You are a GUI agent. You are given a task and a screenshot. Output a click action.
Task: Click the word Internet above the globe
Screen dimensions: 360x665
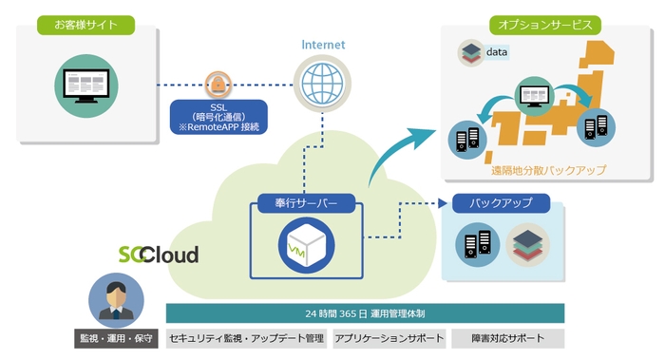point(323,44)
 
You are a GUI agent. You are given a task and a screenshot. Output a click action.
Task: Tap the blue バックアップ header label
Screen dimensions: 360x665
point(500,203)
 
